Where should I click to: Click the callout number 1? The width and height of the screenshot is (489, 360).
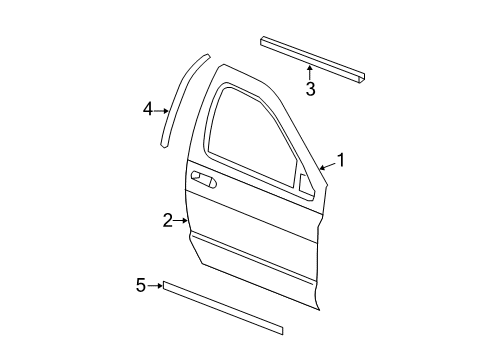[341, 159]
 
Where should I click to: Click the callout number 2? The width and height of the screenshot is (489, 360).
[168, 219]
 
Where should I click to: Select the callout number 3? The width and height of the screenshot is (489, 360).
[310, 90]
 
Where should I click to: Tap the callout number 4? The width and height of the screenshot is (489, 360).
[148, 109]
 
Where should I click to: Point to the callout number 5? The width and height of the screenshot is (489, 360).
[141, 286]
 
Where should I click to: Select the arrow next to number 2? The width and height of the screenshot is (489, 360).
[182, 219]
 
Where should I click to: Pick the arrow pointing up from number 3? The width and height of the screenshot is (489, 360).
[310, 72]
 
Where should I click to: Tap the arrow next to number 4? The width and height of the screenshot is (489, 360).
[163, 111]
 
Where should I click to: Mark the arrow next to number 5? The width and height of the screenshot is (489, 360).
[156, 286]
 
